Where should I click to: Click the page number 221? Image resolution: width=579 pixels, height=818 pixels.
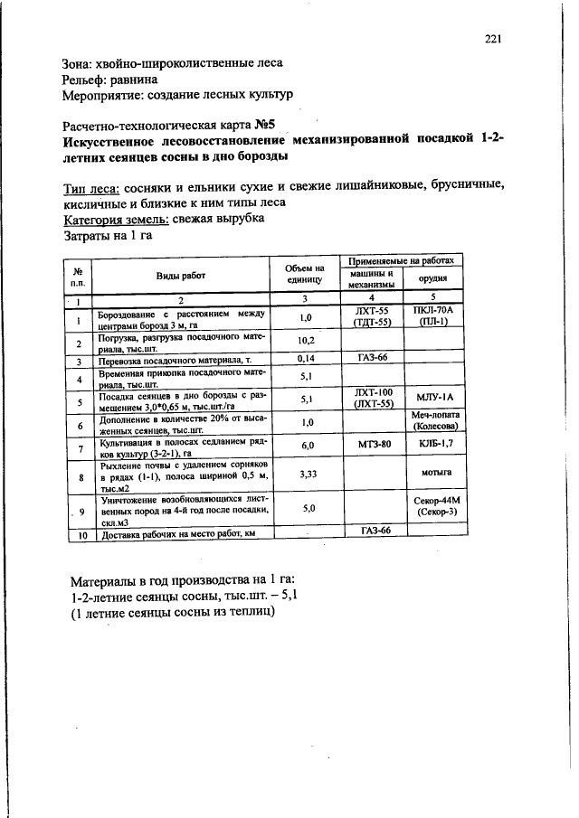coord(493,38)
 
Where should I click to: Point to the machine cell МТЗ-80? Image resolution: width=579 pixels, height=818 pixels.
coord(373,446)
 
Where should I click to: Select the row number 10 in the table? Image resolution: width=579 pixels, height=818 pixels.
coord(80,534)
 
